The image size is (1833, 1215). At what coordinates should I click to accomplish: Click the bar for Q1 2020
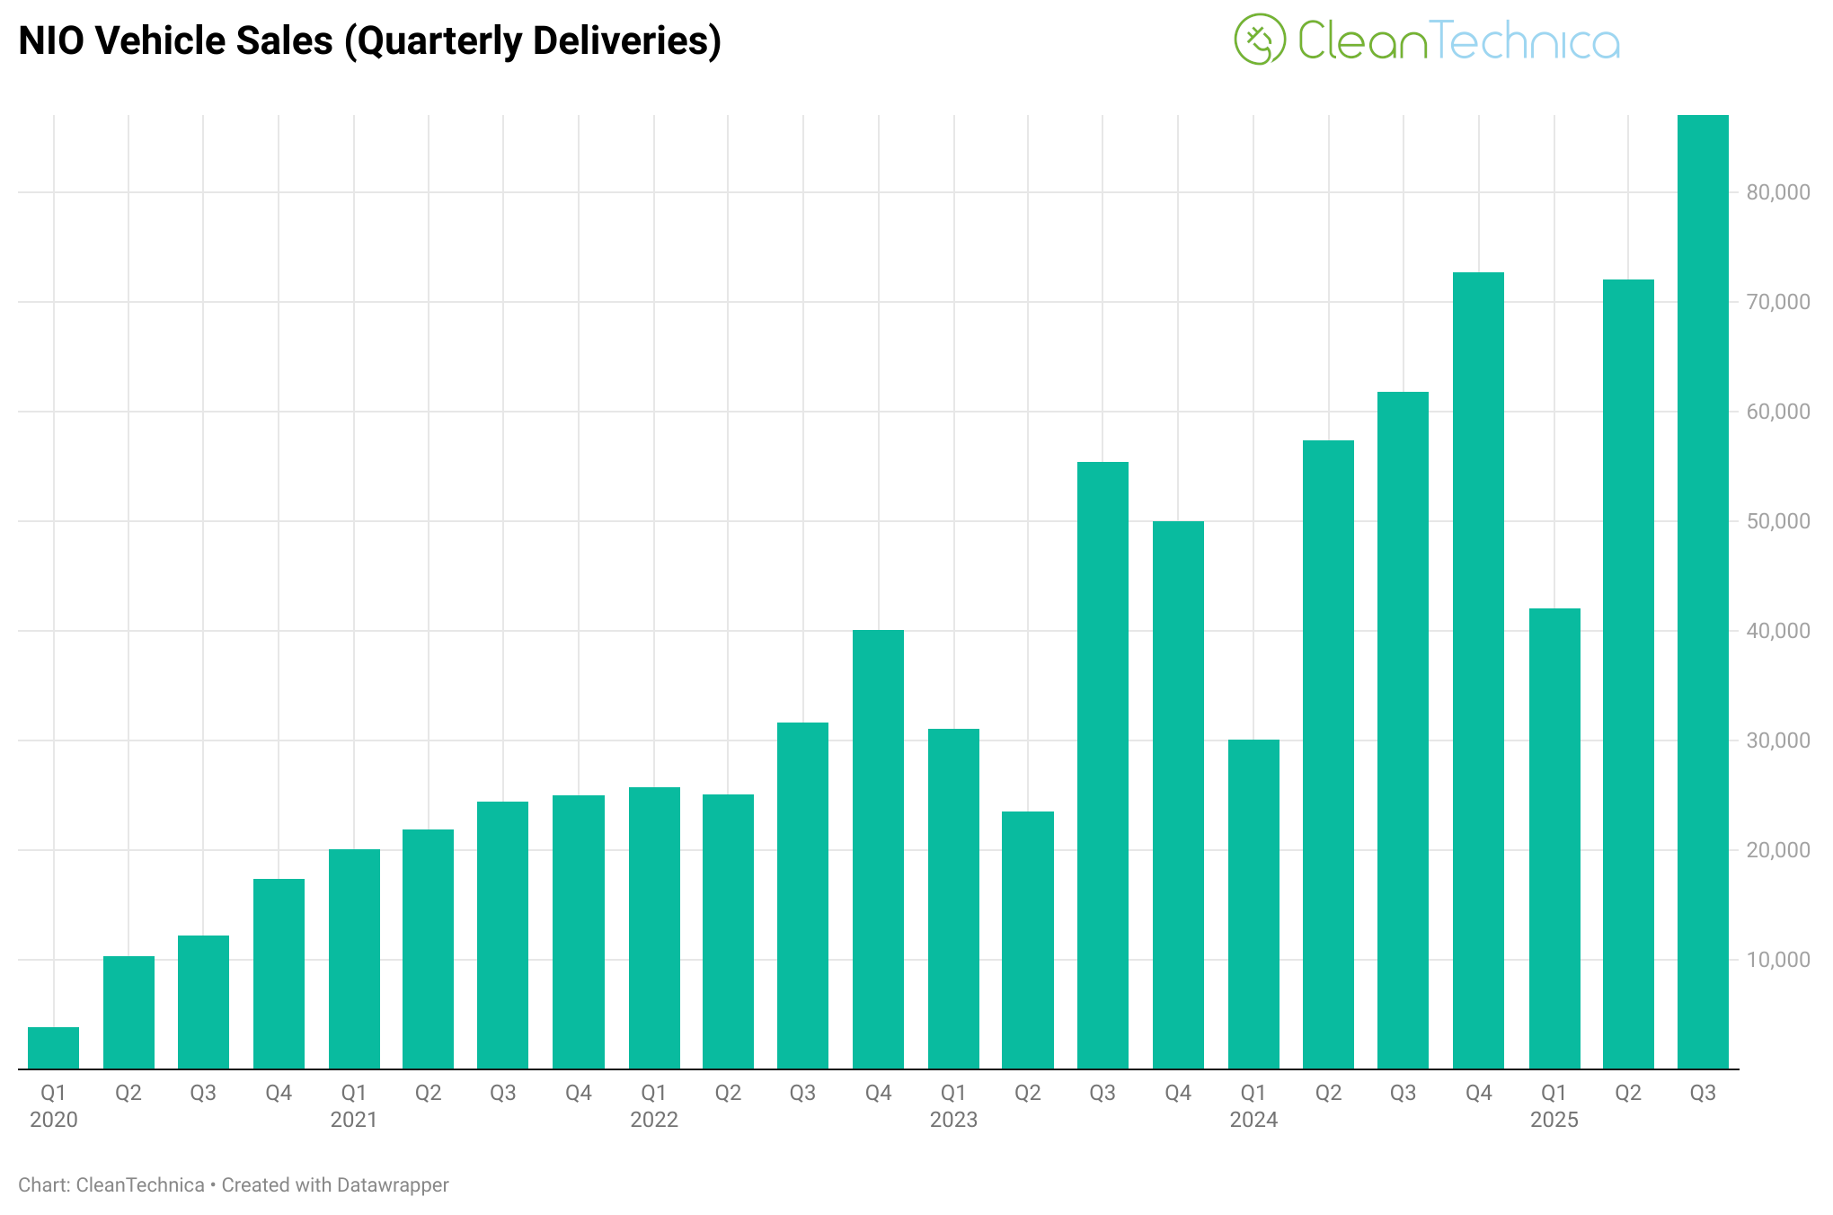(53, 1048)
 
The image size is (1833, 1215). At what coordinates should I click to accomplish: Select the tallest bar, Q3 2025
(1703, 593)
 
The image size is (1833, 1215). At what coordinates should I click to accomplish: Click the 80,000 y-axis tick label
(1777, 192)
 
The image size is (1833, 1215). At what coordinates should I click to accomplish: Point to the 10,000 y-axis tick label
(1777, 960)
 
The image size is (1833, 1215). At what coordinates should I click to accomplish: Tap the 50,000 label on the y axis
(1777, 521)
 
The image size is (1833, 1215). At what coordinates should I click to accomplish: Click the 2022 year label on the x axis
(653, 1120)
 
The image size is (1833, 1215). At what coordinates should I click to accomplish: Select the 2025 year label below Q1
(1554, 1120)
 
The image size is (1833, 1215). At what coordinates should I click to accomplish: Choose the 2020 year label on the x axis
(53, 1120)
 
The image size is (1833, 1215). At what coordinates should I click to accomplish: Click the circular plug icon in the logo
(1260, 40)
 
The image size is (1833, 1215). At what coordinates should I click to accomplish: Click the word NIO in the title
(50, 41)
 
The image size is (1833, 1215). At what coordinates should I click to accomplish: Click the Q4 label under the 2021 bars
(579, 1093)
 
